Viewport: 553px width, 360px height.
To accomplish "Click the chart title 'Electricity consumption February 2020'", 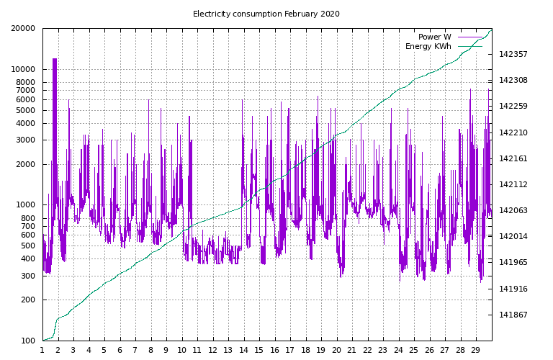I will tap(266, 14).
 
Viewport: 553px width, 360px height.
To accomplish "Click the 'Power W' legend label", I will tap(434, 37).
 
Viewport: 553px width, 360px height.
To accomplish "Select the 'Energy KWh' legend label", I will tap(428, 47).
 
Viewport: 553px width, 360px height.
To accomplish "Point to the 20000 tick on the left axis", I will tap(24, 29).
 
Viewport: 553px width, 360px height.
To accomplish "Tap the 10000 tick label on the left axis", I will tap(24, 70).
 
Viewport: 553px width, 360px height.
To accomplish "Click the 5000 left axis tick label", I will tap(27, 111).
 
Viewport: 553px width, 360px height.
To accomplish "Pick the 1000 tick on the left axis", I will tap(27, 205).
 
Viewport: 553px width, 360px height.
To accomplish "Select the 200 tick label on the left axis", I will tap(29, 300).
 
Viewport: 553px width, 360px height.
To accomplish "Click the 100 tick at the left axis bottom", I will tap(29, 341).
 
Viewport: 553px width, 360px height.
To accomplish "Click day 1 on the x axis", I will tap(42, 350).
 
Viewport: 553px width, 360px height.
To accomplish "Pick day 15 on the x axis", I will tap(259, 350).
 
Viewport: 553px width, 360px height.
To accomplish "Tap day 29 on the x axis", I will tap(475, 350).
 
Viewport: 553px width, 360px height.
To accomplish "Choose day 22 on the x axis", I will tap(367, 350).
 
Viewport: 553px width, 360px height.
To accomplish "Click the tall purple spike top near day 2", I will tap(55, 59).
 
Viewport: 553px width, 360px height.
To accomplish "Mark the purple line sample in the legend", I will tap(469, 37).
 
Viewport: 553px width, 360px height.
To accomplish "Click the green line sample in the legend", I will tap(469, 47).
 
